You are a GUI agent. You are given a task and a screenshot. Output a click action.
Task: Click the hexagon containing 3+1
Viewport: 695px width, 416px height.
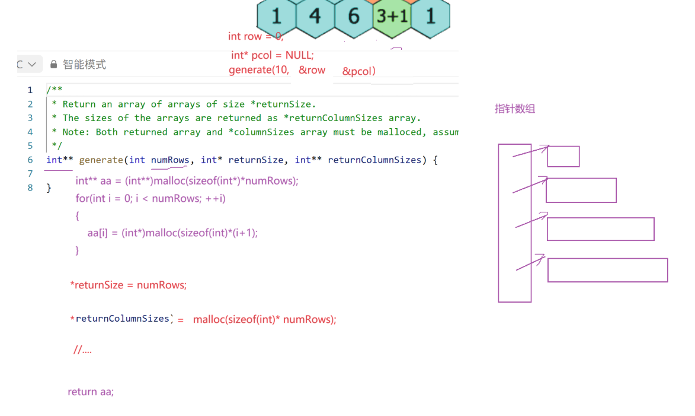392,16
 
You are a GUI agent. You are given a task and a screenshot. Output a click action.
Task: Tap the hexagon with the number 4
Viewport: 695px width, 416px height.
315,16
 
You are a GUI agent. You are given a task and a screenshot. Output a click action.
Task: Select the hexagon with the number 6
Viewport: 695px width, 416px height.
354,16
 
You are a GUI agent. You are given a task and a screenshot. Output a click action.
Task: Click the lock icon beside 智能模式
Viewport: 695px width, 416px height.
54,65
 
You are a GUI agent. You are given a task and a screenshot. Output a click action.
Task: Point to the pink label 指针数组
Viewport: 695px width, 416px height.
515,109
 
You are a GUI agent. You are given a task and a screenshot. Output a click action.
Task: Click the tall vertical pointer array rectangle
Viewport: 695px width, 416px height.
514,223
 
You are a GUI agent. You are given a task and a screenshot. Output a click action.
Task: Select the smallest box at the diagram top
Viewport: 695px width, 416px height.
563,157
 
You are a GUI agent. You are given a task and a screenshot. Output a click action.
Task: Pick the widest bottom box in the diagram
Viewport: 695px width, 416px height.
607,270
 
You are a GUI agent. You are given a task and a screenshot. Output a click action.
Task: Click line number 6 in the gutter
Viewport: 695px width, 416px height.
30,160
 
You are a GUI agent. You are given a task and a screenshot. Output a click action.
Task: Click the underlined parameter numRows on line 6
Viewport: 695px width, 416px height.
170,160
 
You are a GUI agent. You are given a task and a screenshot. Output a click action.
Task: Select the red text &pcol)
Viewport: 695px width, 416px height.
359,72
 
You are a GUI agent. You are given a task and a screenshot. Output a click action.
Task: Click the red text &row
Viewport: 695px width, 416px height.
312,70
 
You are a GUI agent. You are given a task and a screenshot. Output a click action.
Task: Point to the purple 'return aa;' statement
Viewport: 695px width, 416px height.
91,392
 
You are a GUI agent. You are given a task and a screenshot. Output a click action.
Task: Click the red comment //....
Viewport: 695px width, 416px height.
82,350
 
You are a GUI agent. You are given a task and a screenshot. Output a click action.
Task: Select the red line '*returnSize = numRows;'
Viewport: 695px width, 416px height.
128,285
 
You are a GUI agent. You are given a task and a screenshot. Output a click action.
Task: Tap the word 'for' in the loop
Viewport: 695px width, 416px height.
81,198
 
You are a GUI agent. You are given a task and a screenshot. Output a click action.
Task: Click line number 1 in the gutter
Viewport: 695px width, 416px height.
30,90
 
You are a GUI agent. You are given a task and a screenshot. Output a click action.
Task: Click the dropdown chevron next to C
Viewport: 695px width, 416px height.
32,64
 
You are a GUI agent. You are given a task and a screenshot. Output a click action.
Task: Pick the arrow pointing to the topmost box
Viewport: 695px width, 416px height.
531,151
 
